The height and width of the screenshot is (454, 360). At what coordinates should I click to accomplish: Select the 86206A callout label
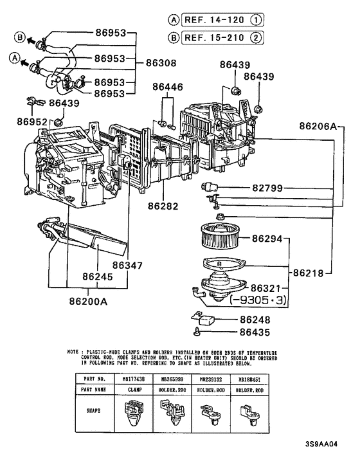tap(317, 127)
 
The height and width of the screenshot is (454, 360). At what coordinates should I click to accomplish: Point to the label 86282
tap(166, 206)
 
